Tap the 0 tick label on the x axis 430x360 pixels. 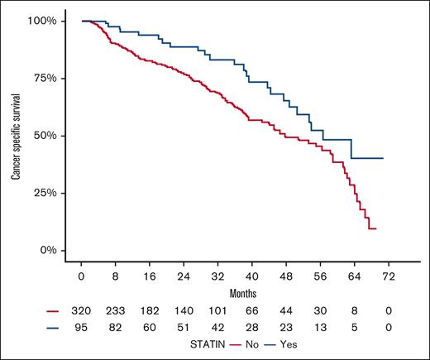tap(81, 274)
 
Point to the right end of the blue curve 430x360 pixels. tap(383, 158)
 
